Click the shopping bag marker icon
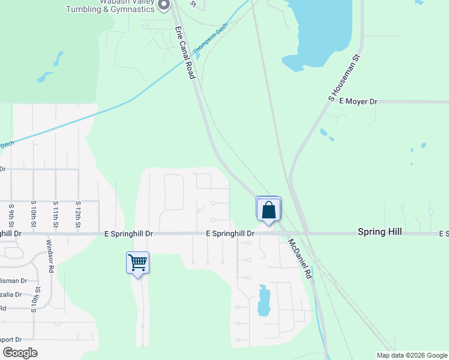pos(268,210)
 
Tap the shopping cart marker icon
pos(137,262)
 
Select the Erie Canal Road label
pos(185,52)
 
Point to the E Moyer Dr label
pos(358,102)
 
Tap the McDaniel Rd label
pos(299,258)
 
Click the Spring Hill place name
pos(379,232)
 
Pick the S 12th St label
pos(77,214)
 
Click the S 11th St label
pos(55,214)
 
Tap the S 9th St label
pos(11,214)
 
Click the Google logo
pos(20,353)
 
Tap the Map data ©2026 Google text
pos(412,355)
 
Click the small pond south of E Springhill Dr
pos(263,301)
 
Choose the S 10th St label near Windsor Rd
pos(37,300)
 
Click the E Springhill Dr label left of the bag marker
pos(231,233)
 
